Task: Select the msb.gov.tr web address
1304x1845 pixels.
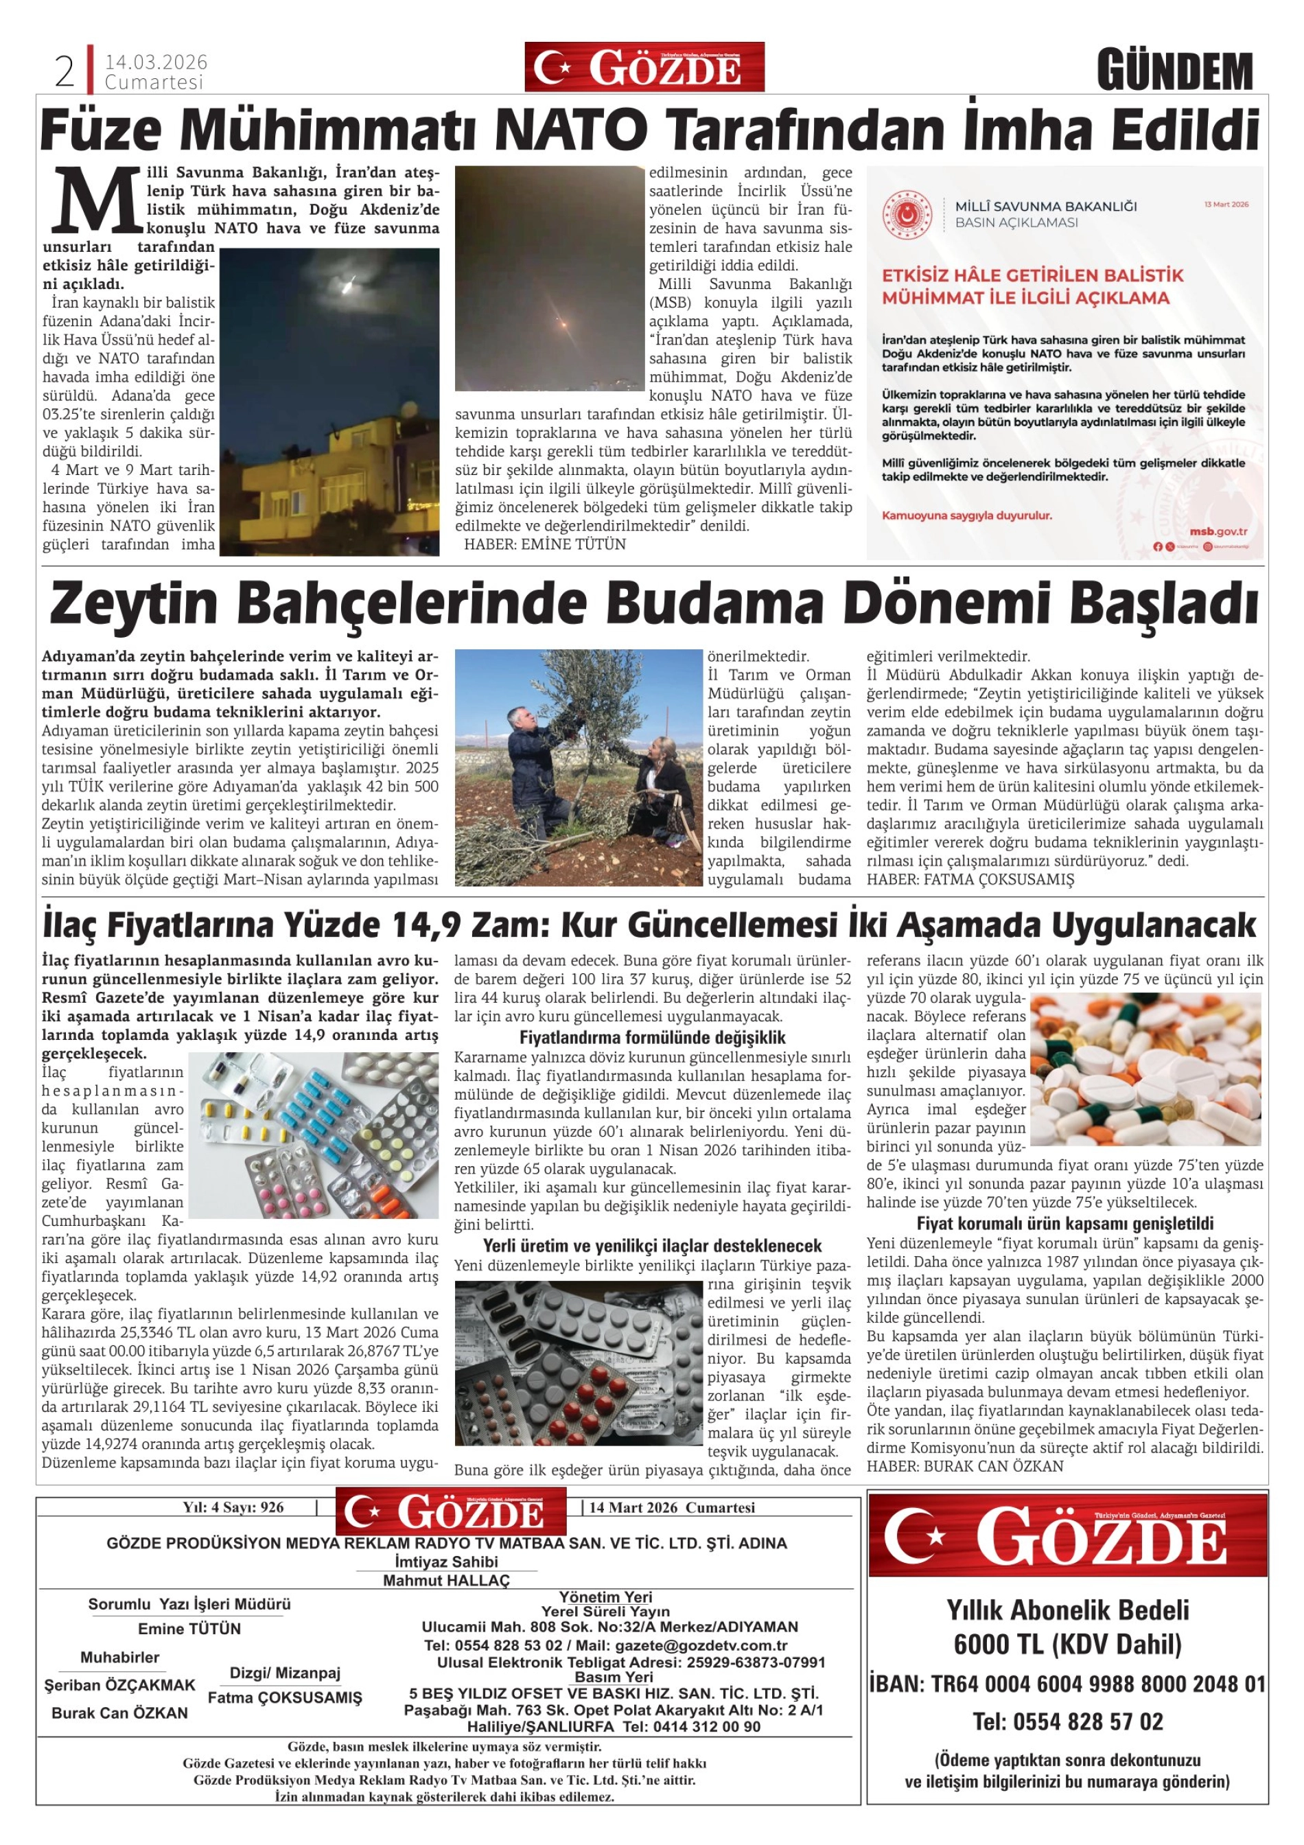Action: point(1218,531)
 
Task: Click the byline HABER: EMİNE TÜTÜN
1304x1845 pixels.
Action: point(545,545)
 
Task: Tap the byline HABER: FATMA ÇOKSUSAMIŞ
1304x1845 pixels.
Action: point(970,880)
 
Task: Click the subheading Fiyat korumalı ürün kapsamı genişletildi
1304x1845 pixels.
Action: point(1064,1224)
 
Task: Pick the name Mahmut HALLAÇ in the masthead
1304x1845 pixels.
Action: point(446,1581)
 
